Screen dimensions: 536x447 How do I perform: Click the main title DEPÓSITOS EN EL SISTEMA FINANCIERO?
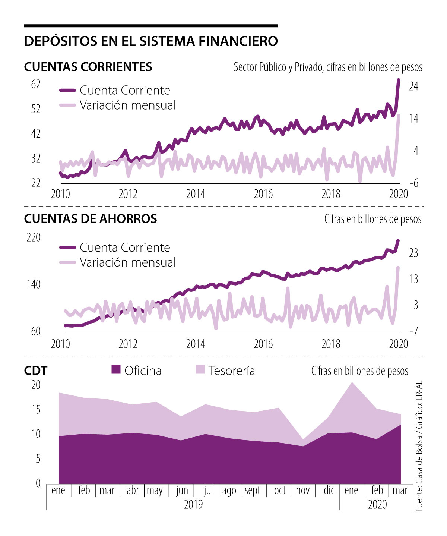tap(151, 41)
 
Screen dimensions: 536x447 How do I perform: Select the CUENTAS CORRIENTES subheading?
tap(88, 67)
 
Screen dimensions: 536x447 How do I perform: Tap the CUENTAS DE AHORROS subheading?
tap(91, 218)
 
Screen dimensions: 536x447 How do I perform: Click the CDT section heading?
tap(36, 371)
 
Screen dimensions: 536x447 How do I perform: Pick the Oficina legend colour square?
tap(116, 370)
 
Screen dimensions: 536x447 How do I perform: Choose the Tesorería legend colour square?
tap(200, 370)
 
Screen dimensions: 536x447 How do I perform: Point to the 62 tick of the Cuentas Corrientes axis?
tap(36, 85)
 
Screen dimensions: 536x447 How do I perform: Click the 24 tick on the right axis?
tap(414, 86)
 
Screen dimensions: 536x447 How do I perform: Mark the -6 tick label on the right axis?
tap(413, 183)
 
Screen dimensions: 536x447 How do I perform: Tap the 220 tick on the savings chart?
tap(34, 237)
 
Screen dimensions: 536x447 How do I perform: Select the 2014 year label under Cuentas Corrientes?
tap(196, 194)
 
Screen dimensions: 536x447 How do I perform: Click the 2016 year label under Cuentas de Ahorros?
tap(263, 344)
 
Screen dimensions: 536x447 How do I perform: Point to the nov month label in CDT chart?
tap(302, 490)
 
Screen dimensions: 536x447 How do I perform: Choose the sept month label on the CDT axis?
tap(253, 490)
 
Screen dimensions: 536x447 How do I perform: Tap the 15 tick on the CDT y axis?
tap(36, 410)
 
